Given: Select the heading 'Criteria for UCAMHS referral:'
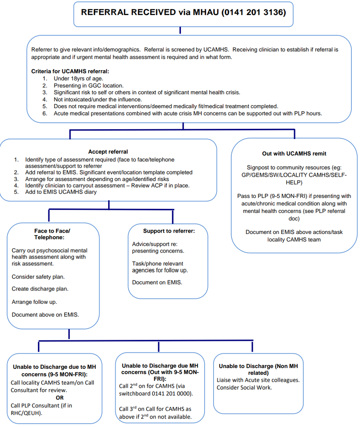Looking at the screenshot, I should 70,71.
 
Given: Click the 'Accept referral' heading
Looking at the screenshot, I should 108,152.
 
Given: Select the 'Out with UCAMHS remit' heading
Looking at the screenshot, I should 294,154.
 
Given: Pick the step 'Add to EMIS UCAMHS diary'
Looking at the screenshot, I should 61,192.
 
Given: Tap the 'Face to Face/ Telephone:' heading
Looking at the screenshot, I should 52,234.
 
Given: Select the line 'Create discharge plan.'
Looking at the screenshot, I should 40,289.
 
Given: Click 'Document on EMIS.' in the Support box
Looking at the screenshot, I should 157,283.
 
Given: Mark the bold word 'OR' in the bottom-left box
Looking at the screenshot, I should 59,397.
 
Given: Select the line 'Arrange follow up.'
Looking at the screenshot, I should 34,302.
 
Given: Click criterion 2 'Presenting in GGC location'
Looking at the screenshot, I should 88,85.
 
